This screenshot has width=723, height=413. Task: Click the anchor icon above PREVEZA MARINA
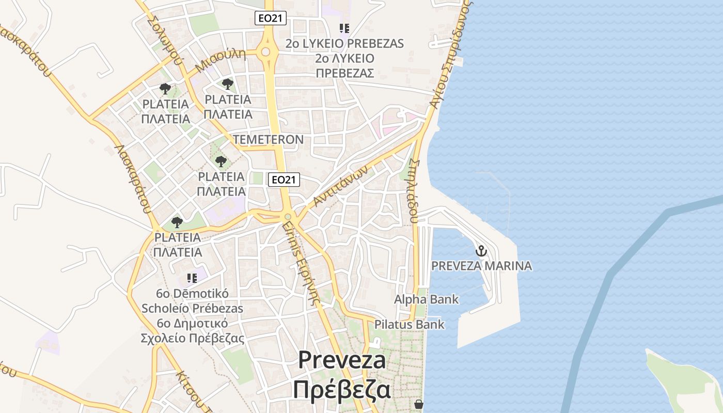click(x=481, y=251)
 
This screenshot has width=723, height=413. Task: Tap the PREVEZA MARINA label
click(x=481, y=266)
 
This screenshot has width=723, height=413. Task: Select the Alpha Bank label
click(x=426, y=299)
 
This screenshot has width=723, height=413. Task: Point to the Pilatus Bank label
click(x=409, y=325)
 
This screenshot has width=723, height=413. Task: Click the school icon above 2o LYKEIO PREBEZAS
click(x=344, y=28)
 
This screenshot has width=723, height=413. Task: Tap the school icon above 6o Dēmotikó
click(x=192, y=279)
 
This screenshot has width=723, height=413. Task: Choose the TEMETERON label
click(x=268, y=140)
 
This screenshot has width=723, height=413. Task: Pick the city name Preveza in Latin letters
click(x=342, y=360)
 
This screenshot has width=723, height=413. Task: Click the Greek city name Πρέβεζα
click(x=341, y=390)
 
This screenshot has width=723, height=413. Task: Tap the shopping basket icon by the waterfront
click(x=419, y=404)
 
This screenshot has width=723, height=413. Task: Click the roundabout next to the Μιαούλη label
click(x=266, y=52)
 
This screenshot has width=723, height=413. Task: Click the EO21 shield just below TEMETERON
click(x=284, y=180)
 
